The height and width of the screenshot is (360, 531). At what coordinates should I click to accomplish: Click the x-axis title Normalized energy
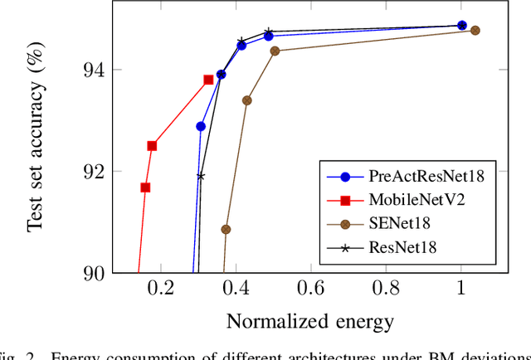[309, 321]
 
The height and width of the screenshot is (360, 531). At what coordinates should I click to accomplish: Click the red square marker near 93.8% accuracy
[208, 80]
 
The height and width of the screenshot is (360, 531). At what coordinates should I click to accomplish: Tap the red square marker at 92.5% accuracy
[152, 146]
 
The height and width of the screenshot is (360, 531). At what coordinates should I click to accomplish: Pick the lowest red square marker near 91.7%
[145, 187]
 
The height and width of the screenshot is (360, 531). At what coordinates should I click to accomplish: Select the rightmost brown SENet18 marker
[475, 31]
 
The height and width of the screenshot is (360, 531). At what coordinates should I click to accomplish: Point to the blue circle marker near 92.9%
[201, 126]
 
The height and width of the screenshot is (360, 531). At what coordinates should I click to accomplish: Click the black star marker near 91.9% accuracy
[201, 176]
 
